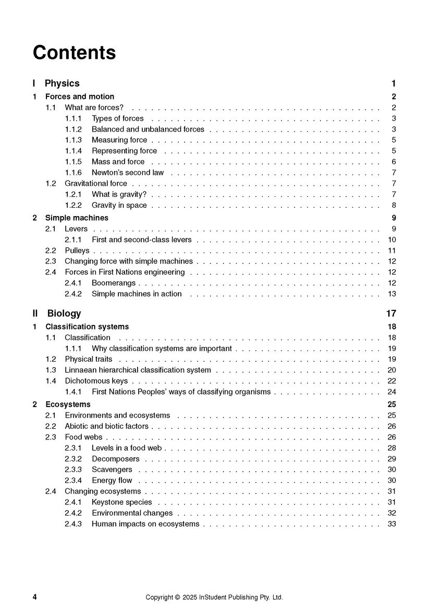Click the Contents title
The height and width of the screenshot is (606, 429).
tap(74, 53)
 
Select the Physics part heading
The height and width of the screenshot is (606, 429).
tap(62, 83)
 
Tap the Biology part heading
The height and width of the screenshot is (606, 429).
tap(64, 313)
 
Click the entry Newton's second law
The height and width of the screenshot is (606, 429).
tap(127, 172)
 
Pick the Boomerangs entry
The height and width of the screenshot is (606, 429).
tap(113, 283)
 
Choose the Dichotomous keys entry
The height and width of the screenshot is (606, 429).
tap(96, 381)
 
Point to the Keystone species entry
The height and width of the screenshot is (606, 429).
tap(121, 502)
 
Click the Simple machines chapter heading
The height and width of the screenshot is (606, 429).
tap(77, 218)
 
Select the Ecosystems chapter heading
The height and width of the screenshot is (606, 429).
tap(68, 404)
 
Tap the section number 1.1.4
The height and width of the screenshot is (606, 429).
tap(73, 150)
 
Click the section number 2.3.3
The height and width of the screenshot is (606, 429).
tap(73, 469)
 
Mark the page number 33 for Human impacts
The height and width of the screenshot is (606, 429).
tap(392, 524)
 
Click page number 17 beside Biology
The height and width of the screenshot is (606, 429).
tap(391, 313)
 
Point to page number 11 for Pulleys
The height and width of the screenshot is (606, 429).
tap(392, 250)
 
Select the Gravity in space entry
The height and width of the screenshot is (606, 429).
tap(119, 205)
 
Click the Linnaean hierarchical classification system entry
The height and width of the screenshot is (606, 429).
tap(138, 370)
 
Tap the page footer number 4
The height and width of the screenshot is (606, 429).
tap(34, 597)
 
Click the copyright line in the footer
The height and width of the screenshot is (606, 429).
tap(214, 597)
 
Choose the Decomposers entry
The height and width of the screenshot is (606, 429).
tap(115, 459)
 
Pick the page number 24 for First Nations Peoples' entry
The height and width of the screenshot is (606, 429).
tap(392, 392)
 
